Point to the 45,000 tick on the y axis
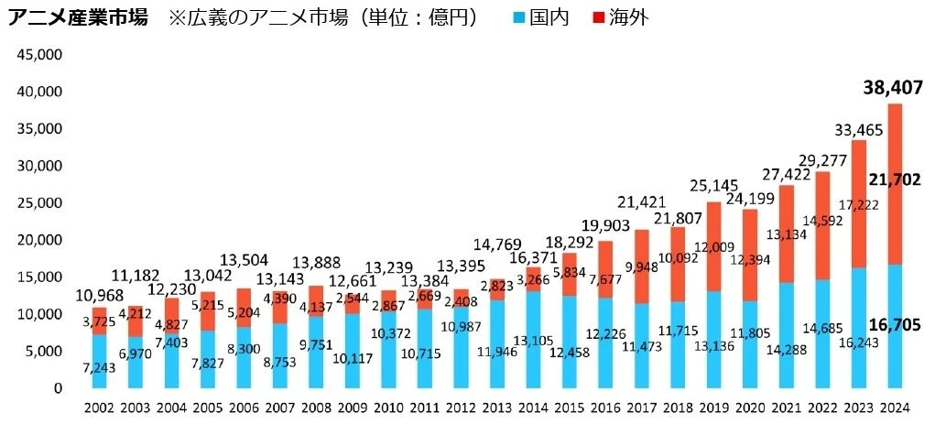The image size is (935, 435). click(37, 55)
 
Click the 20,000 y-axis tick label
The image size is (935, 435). click(37, 240)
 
